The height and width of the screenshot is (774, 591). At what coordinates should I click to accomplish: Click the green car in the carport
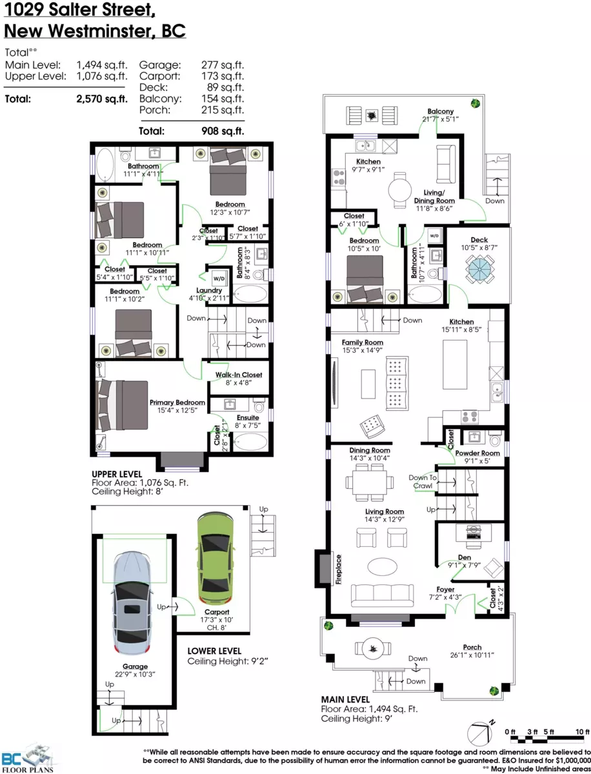(215, 560)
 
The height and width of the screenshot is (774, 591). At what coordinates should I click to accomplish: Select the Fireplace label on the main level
(338, 570)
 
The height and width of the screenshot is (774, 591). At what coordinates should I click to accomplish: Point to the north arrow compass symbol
(481, 733)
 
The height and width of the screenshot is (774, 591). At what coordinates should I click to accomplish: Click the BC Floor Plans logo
(28, 758)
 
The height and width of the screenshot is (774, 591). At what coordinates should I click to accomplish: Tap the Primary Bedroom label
(177, 402)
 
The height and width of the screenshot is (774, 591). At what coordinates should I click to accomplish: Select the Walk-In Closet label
(239, 375)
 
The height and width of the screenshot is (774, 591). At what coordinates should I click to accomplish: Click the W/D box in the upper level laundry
(219, 278)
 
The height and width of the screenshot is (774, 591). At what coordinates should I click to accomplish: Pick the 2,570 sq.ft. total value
(101, 99)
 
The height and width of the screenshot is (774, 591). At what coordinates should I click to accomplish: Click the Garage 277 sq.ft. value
(223, 65)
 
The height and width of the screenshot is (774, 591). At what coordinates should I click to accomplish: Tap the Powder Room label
(477, 453)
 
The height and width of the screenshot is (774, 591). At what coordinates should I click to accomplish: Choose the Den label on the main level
(465, 557)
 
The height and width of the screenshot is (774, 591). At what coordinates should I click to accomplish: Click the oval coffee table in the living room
(382, 567)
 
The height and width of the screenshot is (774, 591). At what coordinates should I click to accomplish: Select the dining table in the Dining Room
(370, 482)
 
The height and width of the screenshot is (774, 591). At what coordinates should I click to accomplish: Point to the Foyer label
(445, 590)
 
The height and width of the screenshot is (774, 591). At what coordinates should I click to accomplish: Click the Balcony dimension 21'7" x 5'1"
(441, 119)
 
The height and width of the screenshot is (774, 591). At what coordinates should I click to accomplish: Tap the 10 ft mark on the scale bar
(582, 731)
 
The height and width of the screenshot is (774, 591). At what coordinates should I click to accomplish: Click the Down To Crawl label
(423, 482)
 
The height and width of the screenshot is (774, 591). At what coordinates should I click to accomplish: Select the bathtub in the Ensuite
(251, 441)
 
